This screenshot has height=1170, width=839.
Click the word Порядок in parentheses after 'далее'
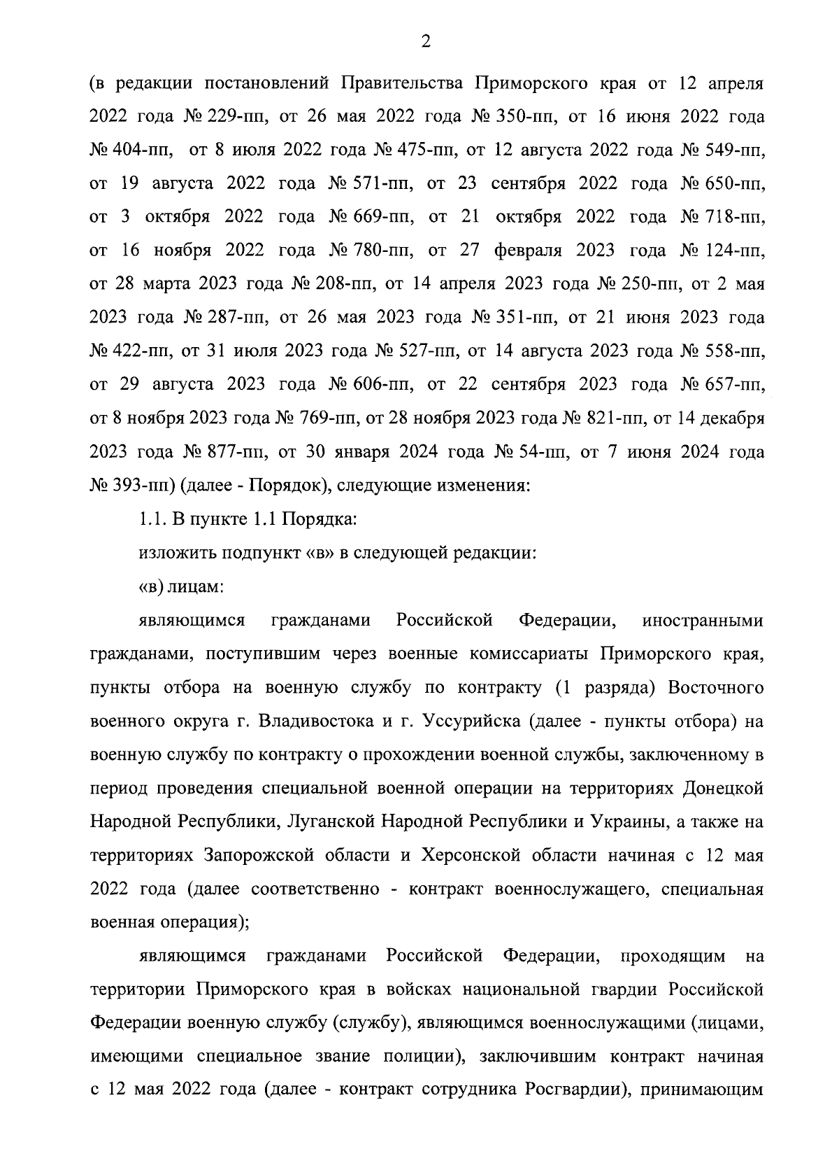click(276, 486)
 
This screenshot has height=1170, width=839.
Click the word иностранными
click(703, 621)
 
